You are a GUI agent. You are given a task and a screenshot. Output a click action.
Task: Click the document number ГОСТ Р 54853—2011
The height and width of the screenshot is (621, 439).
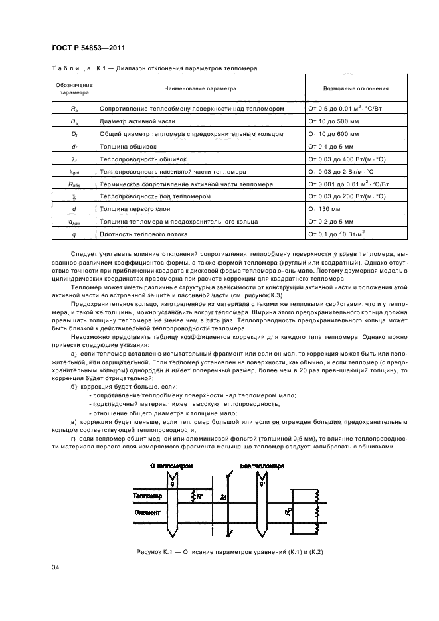pyautogui.click(x=88, y=48)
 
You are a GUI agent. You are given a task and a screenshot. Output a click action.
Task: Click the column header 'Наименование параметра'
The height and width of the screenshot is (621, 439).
pyautogui.click(x=201, y=88)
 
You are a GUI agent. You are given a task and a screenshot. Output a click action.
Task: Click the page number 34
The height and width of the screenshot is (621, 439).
pyautogui.click(x=56, y=567)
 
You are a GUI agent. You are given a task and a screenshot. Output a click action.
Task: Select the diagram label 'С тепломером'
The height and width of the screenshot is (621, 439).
pyautogui.click(x=172, y=466)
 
